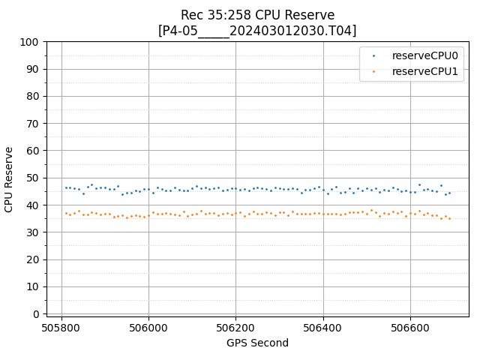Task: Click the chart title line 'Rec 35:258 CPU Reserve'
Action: click(x=257, y=15)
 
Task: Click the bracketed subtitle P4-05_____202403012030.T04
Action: click(x=257, y=31)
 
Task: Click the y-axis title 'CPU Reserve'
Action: click(x=10, y=178)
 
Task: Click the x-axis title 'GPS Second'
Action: click(x=257, y=343)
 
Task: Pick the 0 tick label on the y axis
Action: click(x=36, y=314)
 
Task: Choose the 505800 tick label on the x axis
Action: click(x=61, y=328)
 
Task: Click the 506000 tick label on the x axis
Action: click(x=148, y=328)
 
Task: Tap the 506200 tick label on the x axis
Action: click(x=235, y=328)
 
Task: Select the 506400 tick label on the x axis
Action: click(x=322, y=328)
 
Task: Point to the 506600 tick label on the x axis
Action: click(x=409, y=328)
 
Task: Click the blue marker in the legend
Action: click(x=374, y=55)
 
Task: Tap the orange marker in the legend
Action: click(x=374, y=72)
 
